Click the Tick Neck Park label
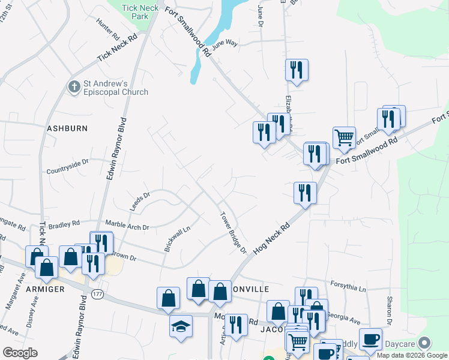pos(135,12)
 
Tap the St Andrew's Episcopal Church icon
pos(74,87)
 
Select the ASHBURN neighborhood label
pos(67,128)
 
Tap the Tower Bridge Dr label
pos(234,233)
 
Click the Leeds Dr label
pos(139,201)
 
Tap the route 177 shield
pos(97,293)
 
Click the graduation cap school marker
pos(181,327)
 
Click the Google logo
pos(20,353)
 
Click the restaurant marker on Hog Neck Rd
pos(305,193)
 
